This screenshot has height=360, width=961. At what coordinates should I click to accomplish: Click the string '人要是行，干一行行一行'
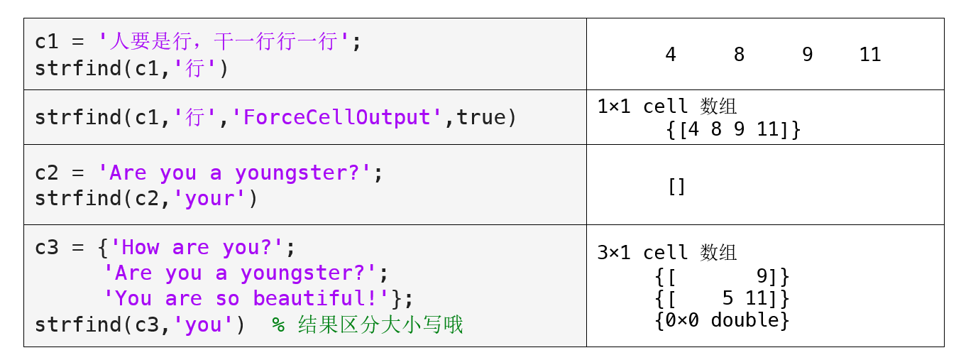click(x=224, y=42)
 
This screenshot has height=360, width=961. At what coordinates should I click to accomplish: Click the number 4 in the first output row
click(x=671, y=55)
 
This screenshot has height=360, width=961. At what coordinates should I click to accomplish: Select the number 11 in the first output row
click(x=870, y=55)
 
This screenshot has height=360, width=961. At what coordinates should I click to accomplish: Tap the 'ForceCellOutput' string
click(x=336, y=117)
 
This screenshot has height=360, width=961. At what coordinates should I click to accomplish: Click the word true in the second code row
click(x=481, y=117)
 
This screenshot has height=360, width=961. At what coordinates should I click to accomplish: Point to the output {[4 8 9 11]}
click(x=733, y=129)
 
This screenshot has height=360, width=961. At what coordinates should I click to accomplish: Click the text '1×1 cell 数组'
click(x=667, y=107)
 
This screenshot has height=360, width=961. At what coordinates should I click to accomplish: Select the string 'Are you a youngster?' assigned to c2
click(x=234, y=173)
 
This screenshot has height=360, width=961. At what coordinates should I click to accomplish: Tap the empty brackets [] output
click(x=676, y=186)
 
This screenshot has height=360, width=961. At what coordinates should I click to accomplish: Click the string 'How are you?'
click(x=197, y=248)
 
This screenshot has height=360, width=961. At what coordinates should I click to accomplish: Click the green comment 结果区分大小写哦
click(x=380, y=324)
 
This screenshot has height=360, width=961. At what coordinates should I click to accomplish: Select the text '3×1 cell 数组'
click(x=667, y=253)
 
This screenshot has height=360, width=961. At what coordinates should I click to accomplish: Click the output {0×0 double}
click(x=722, y=320)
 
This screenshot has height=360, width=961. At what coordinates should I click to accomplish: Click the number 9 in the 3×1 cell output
click(x=763, y=276)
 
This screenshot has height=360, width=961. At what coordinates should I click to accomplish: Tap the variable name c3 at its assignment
click(x=47, y=248)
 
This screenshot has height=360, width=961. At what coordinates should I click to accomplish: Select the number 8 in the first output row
click(x=739, y=55)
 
